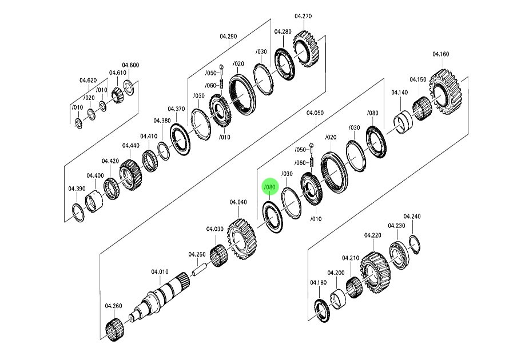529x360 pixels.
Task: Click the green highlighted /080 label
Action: (270, 187)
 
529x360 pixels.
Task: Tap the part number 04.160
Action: (440, 54)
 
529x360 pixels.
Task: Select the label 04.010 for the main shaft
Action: (160, 271)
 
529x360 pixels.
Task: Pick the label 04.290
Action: (228, 36)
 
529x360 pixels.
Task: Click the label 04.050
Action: (315, 113)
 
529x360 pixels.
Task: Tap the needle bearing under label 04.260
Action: (116, 330)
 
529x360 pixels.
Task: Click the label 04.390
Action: (77, 188)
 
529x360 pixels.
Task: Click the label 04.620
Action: (87, 80)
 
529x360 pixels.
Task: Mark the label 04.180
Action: (318, 282)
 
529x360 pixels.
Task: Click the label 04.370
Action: (176, 109)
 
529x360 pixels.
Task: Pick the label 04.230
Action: (396, 226)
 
